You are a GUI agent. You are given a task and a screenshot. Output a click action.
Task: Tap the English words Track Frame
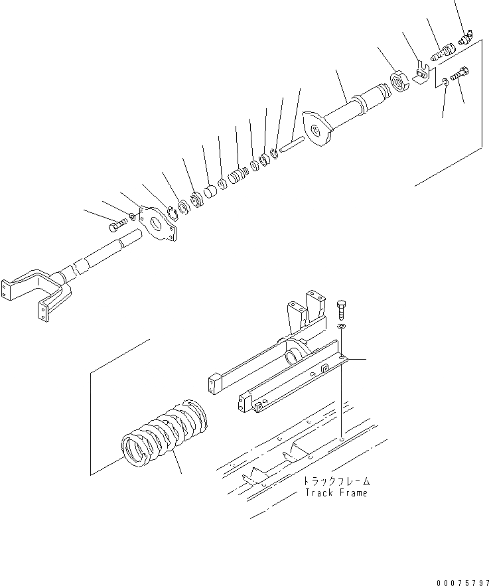pyautogui.click(x=335, y=493)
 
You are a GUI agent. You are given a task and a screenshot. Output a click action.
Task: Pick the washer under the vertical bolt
pyautogui.click(x=340, y=327)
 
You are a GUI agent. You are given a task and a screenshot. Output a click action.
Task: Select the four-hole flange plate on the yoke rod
pyautogui.click(x=159, y=228)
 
